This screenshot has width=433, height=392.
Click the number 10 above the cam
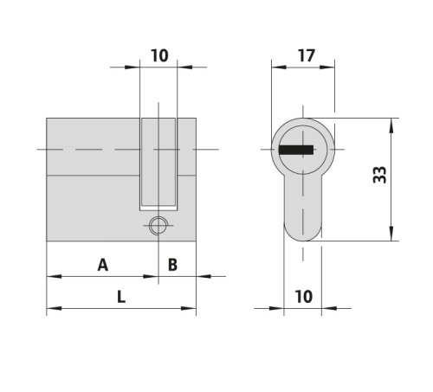[158, 55]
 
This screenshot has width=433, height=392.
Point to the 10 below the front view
[303, 296]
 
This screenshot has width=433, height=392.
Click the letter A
[103, 265]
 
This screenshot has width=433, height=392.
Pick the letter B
[171, 265]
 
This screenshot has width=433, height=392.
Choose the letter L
[120, 296]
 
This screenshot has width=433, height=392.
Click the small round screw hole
[157, 226]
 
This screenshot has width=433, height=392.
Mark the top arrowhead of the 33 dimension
[394, 125]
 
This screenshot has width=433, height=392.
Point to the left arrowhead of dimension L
[50, 308]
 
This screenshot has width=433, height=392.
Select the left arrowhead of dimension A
[50, 277]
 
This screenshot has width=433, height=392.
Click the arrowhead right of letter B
[203, 277]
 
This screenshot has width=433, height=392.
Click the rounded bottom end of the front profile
[302, 236]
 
